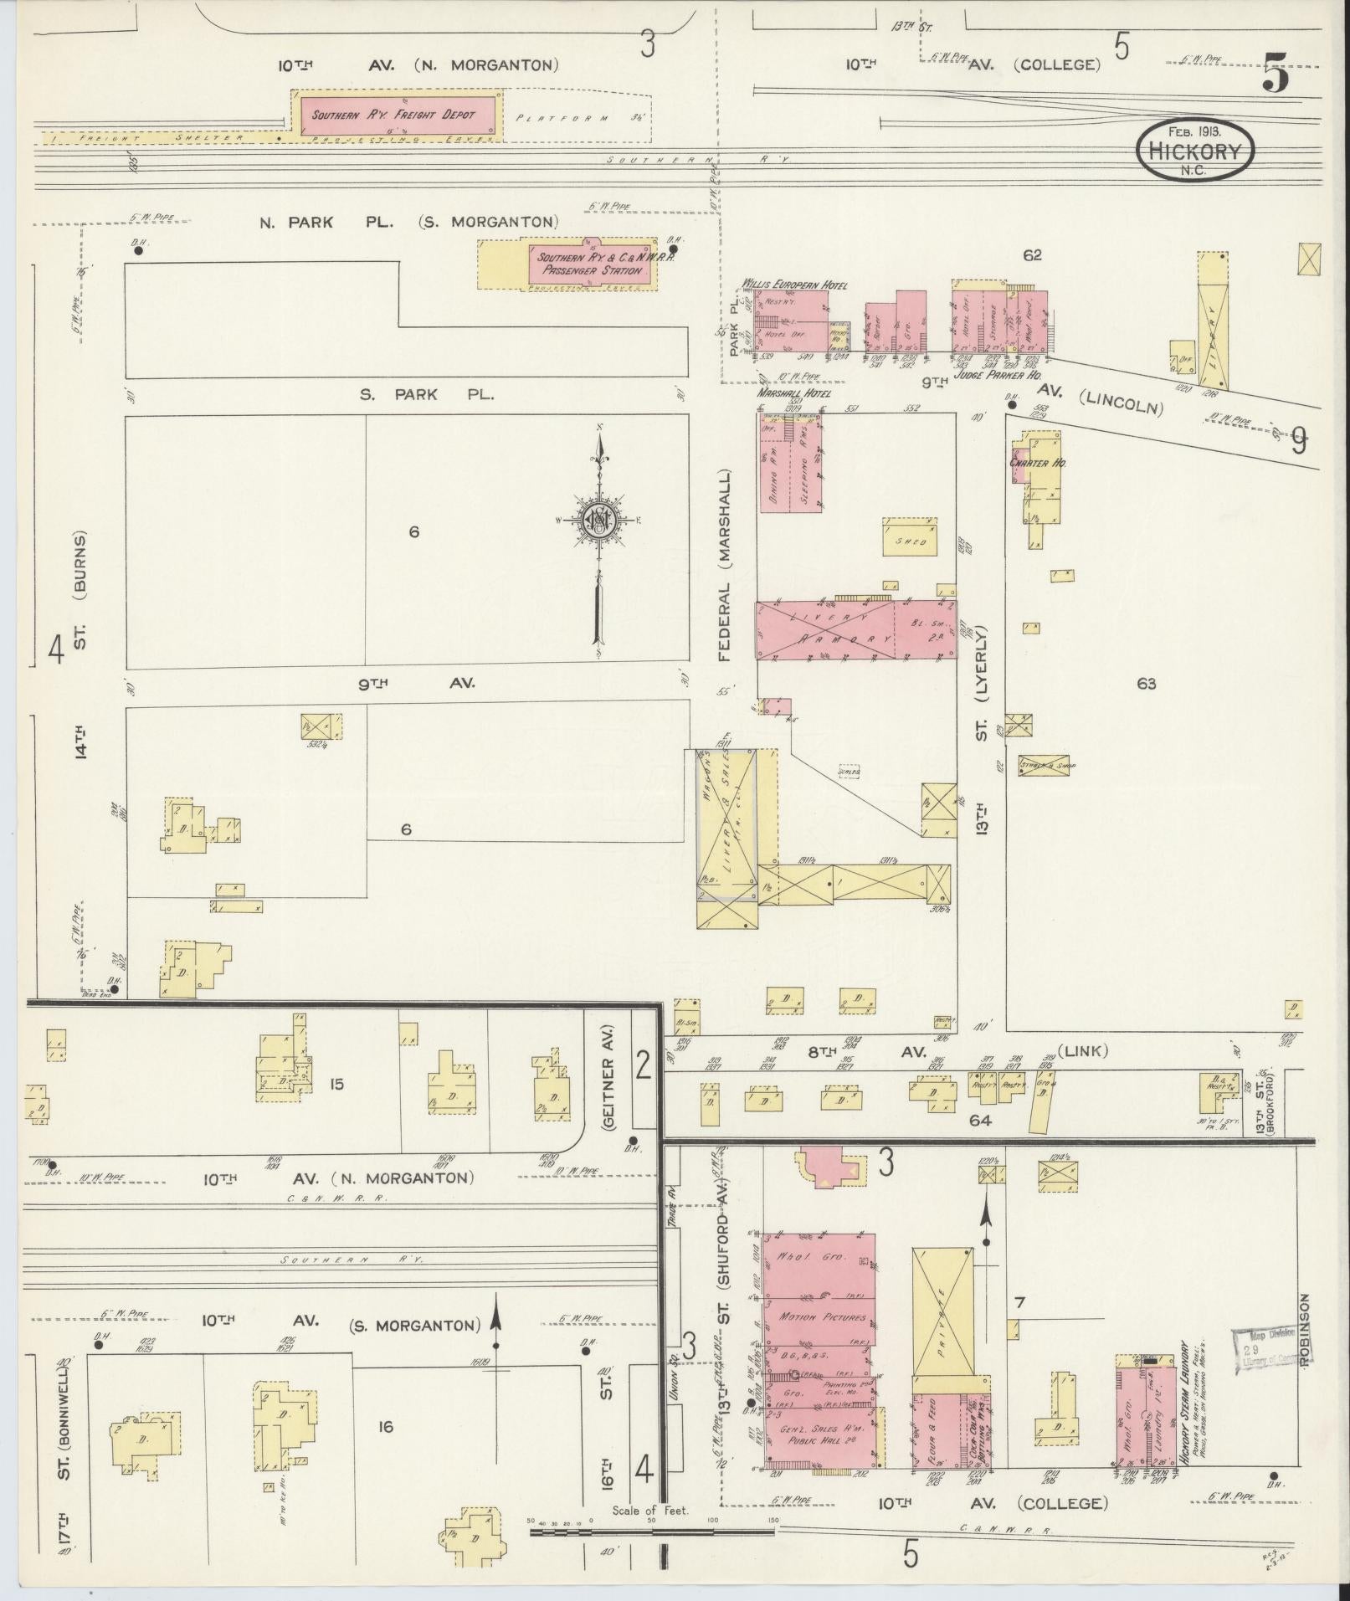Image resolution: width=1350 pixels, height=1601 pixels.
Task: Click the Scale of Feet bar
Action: click(652, 1532)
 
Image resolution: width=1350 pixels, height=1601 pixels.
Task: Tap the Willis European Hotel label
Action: click(793, 285)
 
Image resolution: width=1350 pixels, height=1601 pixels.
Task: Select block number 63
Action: click(1146, 684)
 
